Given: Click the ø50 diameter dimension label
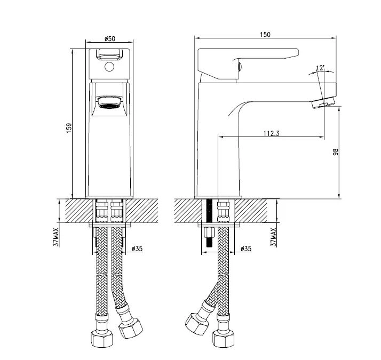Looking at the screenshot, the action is (x=110, y=38).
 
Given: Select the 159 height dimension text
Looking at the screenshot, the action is (x=69, y=128).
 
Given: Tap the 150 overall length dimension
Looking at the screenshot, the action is (x=265, y=35).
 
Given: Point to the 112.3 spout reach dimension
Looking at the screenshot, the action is (x=272, y=133).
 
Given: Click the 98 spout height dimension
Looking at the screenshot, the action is (x=336, y=152).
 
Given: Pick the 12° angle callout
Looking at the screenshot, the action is (x=320, y=68).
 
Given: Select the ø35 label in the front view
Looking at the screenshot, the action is (x=137, y=249).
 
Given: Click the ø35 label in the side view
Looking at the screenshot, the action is (x=246, y=249).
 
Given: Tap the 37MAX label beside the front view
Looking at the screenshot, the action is (x=56, y=237).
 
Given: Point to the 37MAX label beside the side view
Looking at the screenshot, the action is (x=273, y=237).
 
